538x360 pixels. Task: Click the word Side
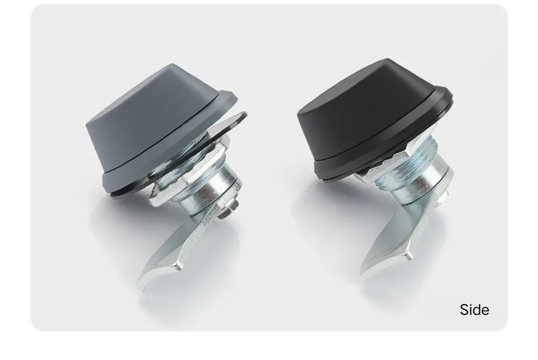(x=475, y=309)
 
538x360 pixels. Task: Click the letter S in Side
(x=464, y=309)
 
